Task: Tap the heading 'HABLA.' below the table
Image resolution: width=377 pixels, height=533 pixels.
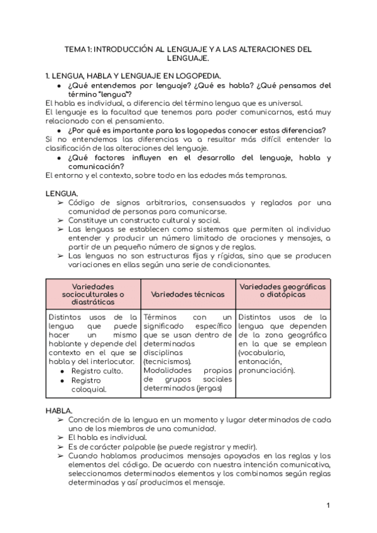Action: pos(60,410)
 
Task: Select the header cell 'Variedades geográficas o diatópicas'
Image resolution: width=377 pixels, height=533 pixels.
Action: pos(283,290)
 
